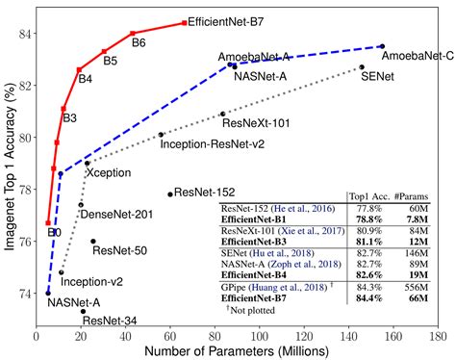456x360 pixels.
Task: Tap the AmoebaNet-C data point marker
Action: [x=382, y=46]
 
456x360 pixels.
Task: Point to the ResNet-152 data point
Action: [x=170, y=194]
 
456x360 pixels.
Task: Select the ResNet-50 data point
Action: [x=93, y=242]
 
